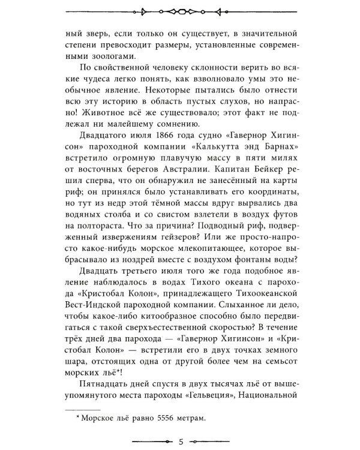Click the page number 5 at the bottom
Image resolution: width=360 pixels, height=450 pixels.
coord(180,443)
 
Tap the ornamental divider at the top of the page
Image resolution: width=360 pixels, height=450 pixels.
coord(180,11)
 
